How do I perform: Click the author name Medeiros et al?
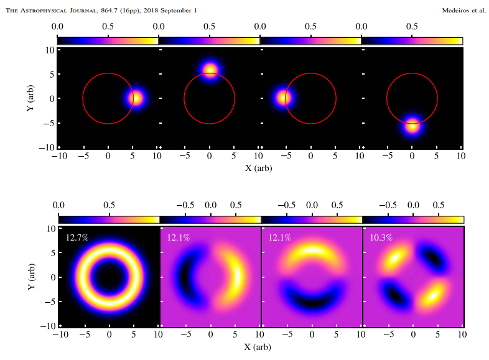463,10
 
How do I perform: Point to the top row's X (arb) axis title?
259,167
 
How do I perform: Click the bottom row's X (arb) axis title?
259,346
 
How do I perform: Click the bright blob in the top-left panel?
135,98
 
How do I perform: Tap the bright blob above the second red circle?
210,70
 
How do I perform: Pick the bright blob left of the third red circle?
284,98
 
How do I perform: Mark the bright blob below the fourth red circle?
412,126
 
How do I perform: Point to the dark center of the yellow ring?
109,277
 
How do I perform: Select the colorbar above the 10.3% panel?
413,219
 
